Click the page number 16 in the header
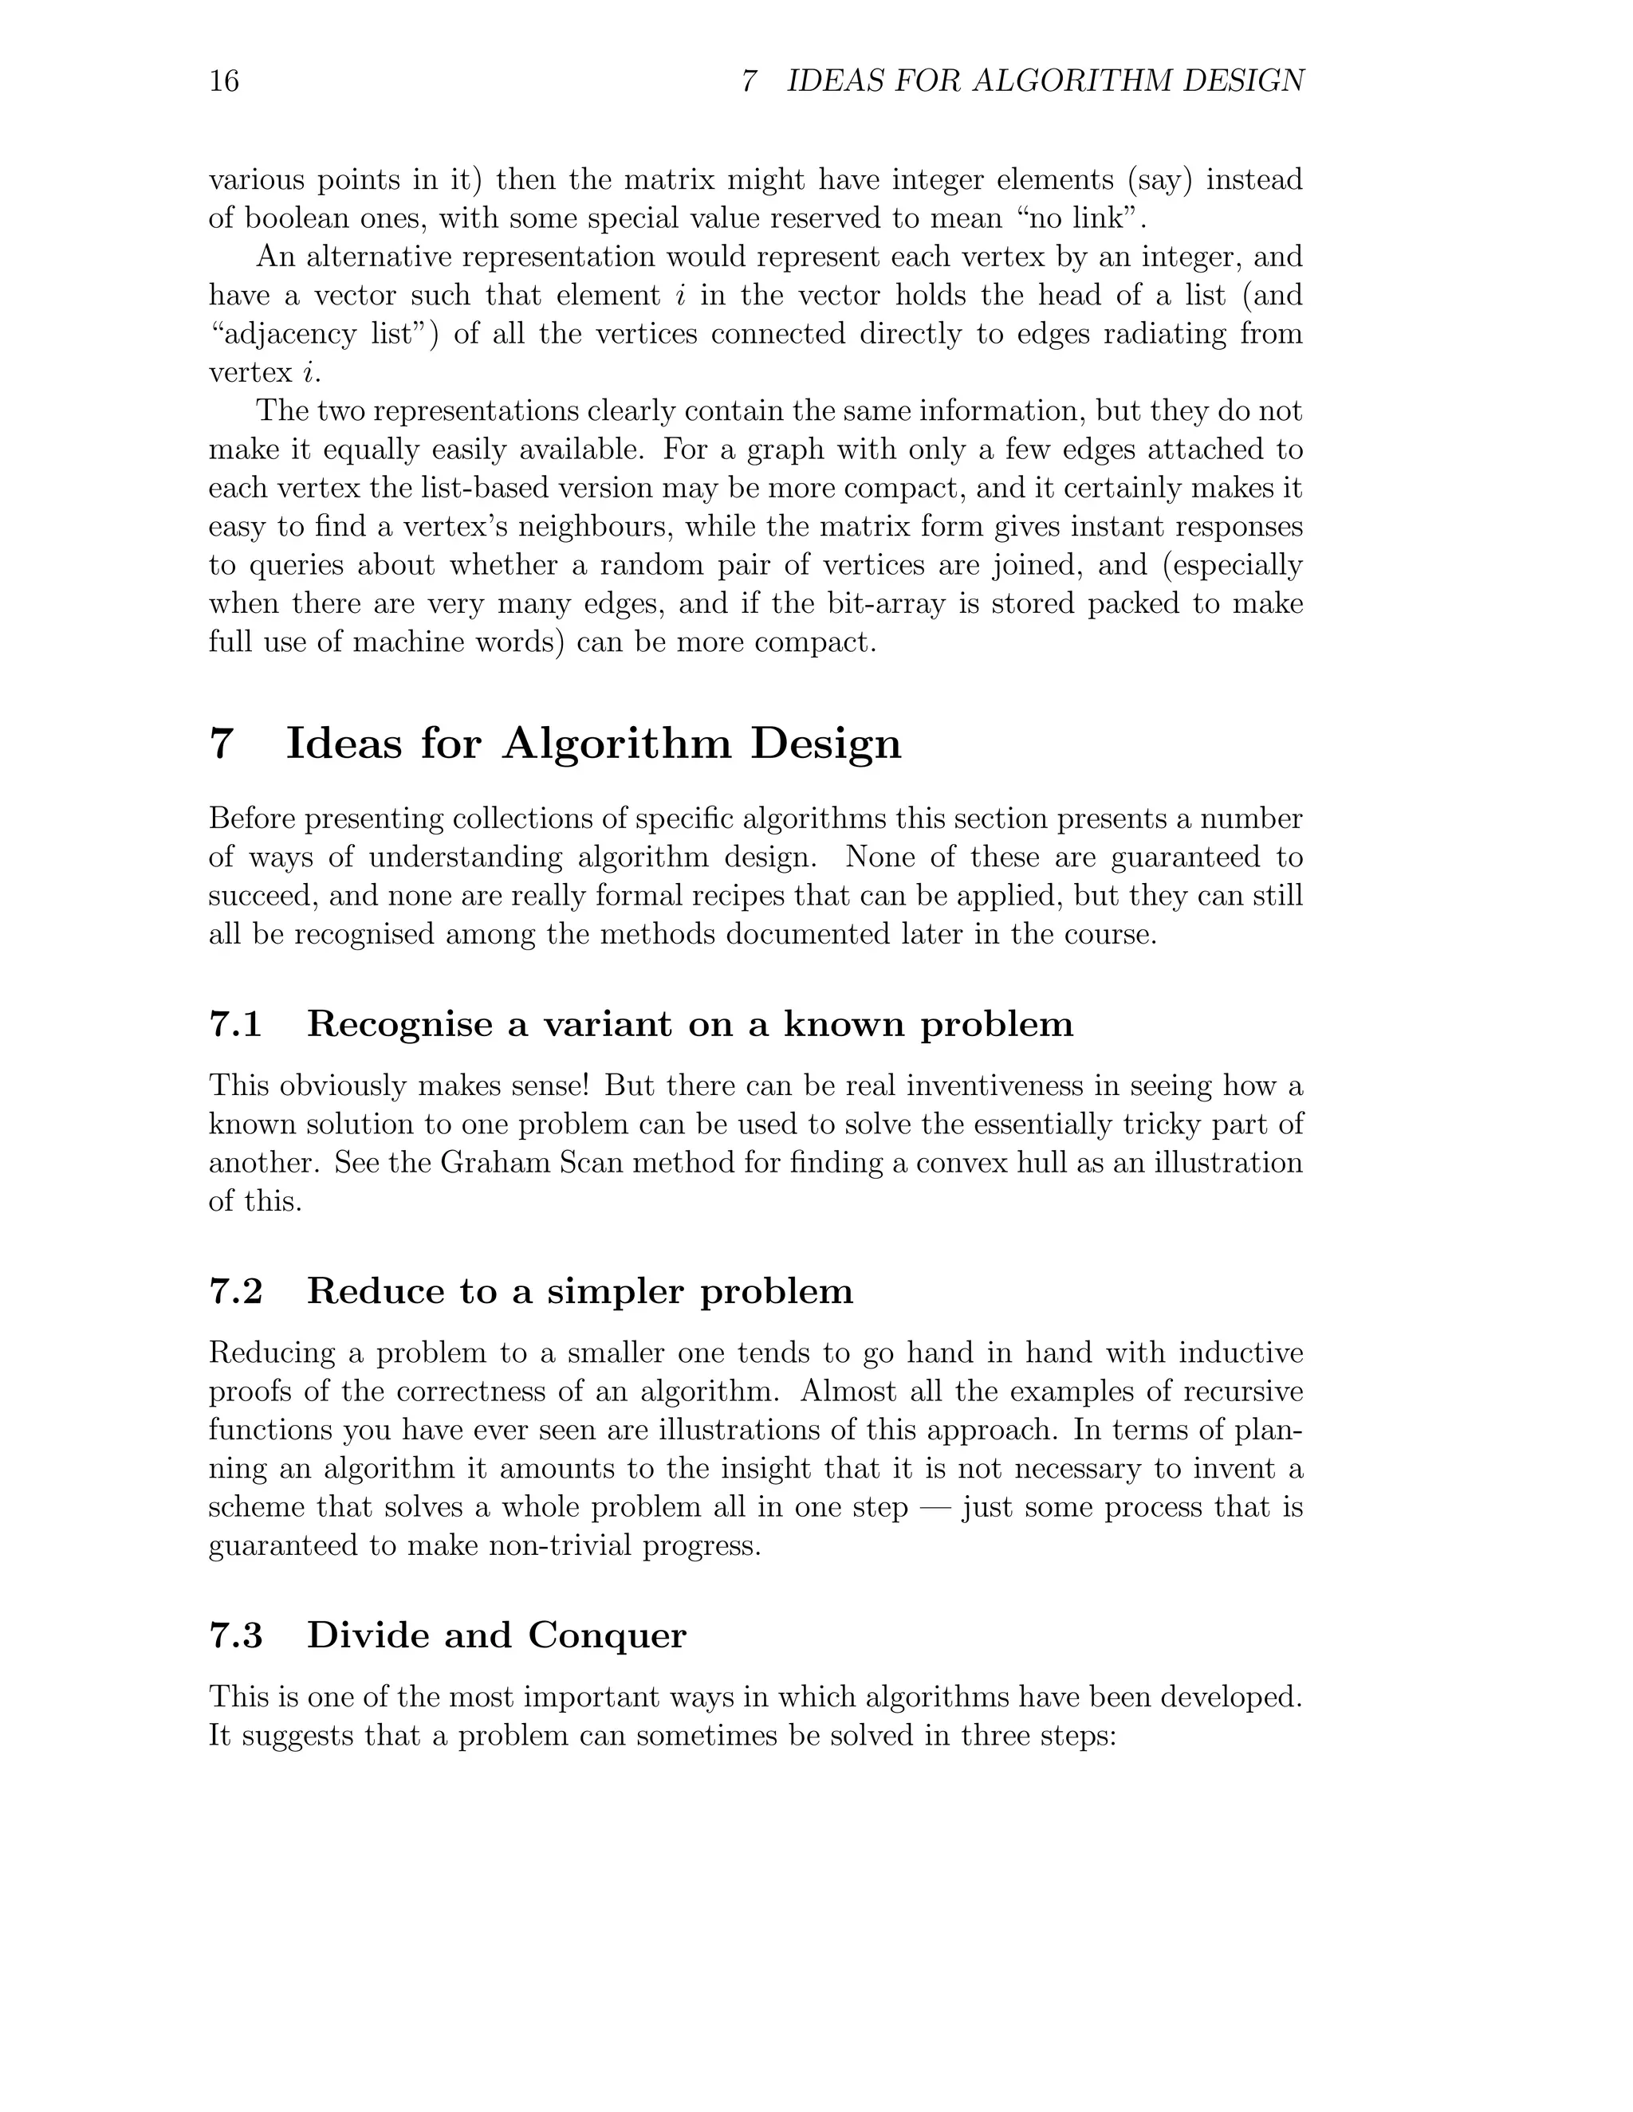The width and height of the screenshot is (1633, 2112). pyautogui.click(x=223, y=80)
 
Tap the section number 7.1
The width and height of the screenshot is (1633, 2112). pyautogui.click(x=235, y=1024)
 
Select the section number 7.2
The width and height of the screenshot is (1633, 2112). pyautogui.click(x=235, y=1291)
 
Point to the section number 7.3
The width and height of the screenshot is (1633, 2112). pyautogui.click(x=235, y=1635)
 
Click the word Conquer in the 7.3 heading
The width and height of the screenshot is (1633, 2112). pyautogui.click(x=607, y=1635)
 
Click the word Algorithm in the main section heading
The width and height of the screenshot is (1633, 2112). pyautogui.click(x=616, y=744)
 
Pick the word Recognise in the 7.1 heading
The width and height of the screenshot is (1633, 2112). pyautogui.click(x=399, y=1024)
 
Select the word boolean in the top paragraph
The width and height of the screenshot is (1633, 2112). pyautogui.click(x=295, y=218)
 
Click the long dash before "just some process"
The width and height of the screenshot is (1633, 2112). pyautogui.click(x=935, y=1506)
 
